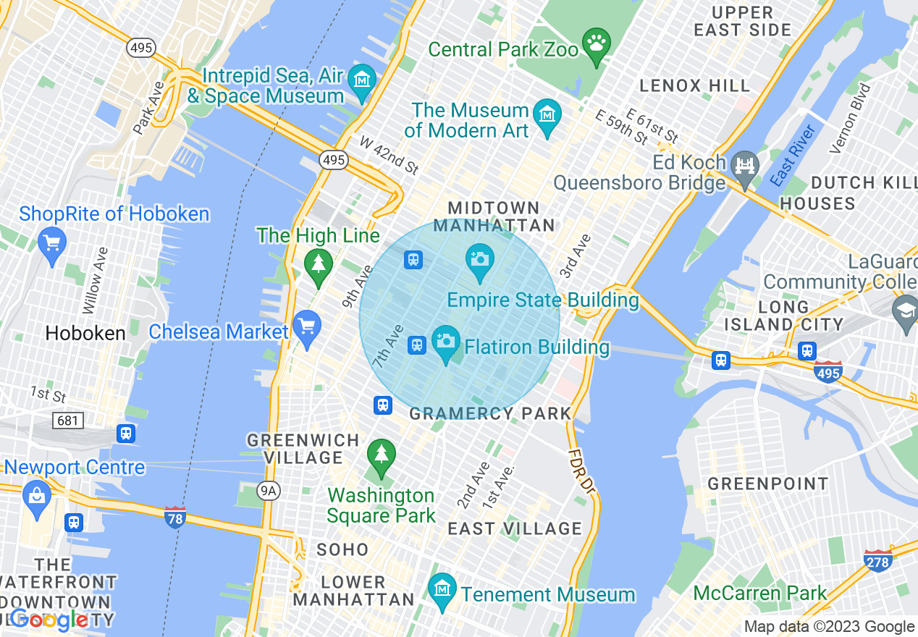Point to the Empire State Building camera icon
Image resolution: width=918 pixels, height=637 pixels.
(x=479, y=259)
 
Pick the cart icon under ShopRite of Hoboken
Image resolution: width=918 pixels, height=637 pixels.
(x=51, y=242)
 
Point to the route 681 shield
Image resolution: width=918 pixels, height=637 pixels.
(x=68, y=420)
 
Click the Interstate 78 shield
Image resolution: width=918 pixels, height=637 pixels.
(x=174, y=518)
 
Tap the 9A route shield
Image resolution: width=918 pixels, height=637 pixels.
(x=269, y=492)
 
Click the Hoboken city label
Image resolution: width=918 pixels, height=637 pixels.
(x=85, y=333)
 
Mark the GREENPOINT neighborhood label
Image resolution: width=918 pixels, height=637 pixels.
(x=767, y=484)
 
